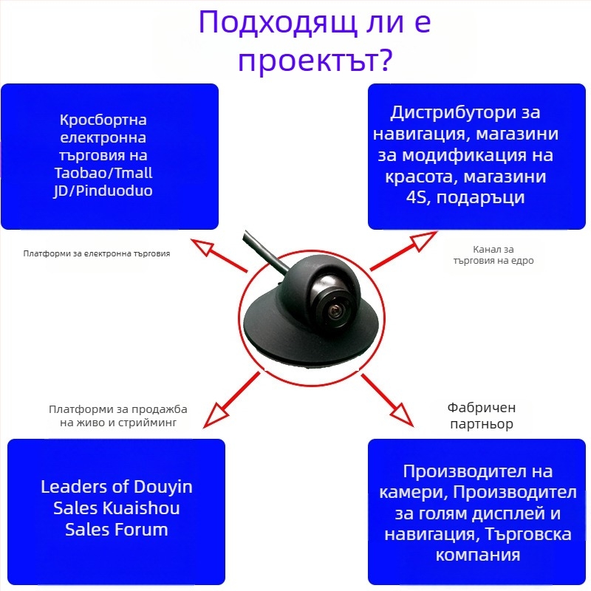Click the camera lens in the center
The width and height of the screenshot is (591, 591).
tap(335, 311)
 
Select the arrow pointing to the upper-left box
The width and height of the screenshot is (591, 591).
tap(219, 255)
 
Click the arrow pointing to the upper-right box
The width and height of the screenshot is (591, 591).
tap(403, 250)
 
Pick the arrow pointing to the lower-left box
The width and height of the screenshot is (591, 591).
tap(231, 400)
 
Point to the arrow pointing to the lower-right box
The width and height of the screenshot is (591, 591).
tap(387, 400)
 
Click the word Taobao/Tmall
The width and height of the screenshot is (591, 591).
tap(103, 173)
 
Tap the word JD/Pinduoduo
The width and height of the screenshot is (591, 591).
tap(103, 191)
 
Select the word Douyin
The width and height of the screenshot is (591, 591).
tap(163, 488)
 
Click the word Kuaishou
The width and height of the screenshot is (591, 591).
tap(141, 508)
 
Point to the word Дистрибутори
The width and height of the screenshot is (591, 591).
tap(453, 113)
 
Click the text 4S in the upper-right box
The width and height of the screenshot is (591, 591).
tap(416, 197)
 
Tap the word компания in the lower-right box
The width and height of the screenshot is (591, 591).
tap(478, 556)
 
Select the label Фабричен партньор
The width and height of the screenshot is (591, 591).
tap(482, 416)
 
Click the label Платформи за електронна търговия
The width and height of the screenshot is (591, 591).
tap(97, 253)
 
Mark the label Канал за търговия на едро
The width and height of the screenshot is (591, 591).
tap(493, 255)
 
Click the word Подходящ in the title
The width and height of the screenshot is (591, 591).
tap(278, 23)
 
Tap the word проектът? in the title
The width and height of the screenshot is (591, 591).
tap(316, 61)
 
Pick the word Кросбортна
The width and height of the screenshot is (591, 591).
tap(103, 120)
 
